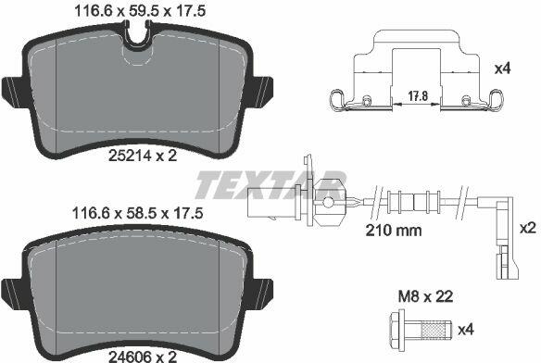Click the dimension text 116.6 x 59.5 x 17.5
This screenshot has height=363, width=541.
point(140,10)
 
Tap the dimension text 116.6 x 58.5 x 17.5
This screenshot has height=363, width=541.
point(137,213)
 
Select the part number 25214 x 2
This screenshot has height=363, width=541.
point(143,156)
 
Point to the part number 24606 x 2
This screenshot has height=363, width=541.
point(143,357)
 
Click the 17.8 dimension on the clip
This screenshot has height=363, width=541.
point(418,96)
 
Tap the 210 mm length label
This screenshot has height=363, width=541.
point(394,231)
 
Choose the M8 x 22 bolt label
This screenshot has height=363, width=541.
point(425,296)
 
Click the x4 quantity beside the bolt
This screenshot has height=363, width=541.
point(466,330)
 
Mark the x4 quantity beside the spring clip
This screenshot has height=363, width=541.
point(502,69)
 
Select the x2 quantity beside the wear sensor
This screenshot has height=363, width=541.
point(528,228)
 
